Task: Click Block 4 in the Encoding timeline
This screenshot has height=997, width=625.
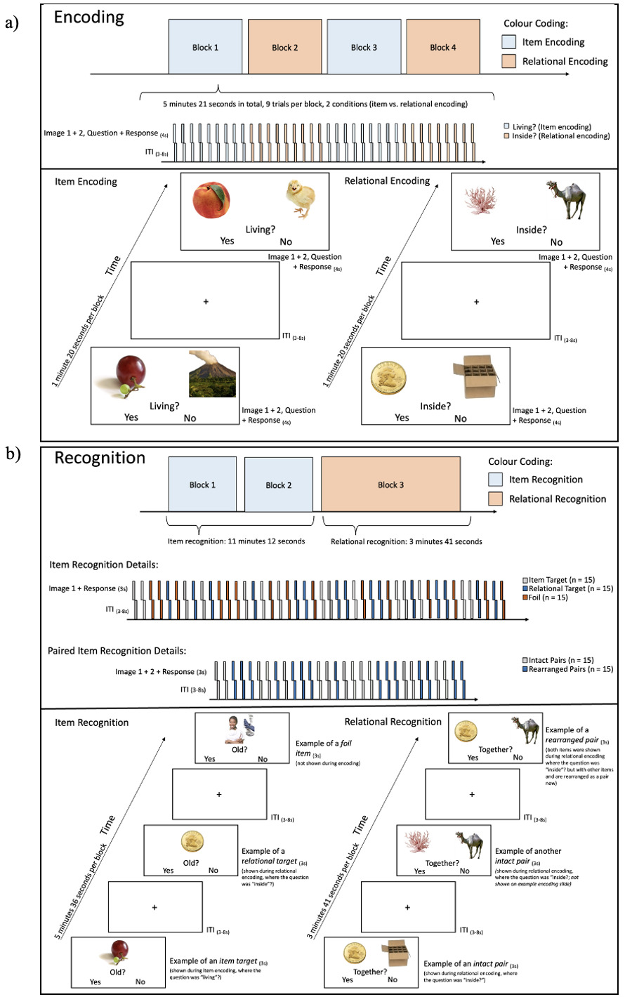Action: [443, 47]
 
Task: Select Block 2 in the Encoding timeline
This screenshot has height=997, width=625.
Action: [284, 47]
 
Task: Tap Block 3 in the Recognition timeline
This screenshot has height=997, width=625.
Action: [391, 484]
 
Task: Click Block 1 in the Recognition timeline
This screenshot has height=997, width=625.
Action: [202, 484]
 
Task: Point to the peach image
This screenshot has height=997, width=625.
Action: [212, 199]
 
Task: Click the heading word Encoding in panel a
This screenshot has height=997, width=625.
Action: [89, 18]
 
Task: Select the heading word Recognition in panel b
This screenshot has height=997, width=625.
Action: [100, 458]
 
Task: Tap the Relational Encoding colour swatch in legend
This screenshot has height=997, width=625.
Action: [510, 61]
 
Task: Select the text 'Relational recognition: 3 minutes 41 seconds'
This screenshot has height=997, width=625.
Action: [407, 541]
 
